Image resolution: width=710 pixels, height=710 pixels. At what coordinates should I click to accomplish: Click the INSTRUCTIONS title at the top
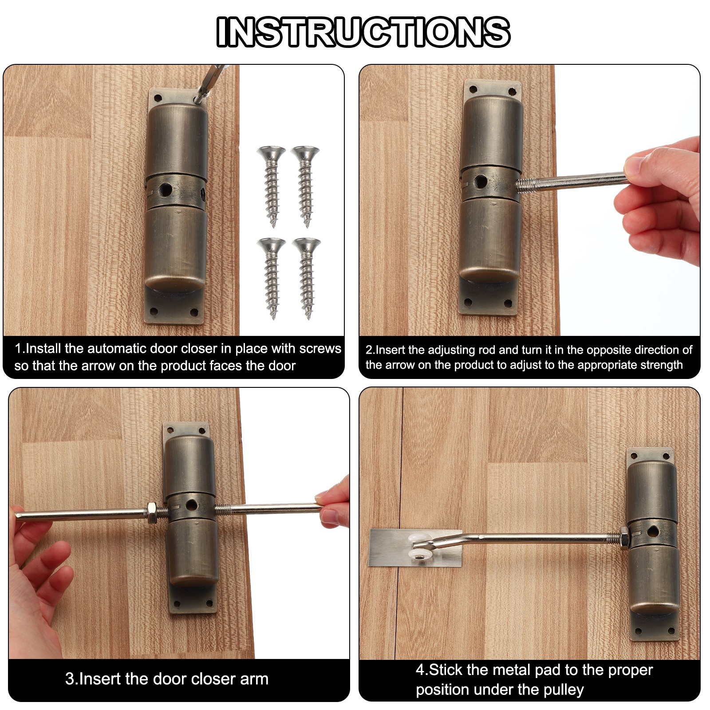coord(363,32)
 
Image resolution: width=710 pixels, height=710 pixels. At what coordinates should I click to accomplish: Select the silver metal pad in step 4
coord(414,548)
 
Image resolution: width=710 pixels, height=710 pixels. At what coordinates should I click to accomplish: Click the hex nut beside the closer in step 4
coord(624,538)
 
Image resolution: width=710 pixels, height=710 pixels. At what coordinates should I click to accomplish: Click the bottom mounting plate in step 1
coord(174,306)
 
